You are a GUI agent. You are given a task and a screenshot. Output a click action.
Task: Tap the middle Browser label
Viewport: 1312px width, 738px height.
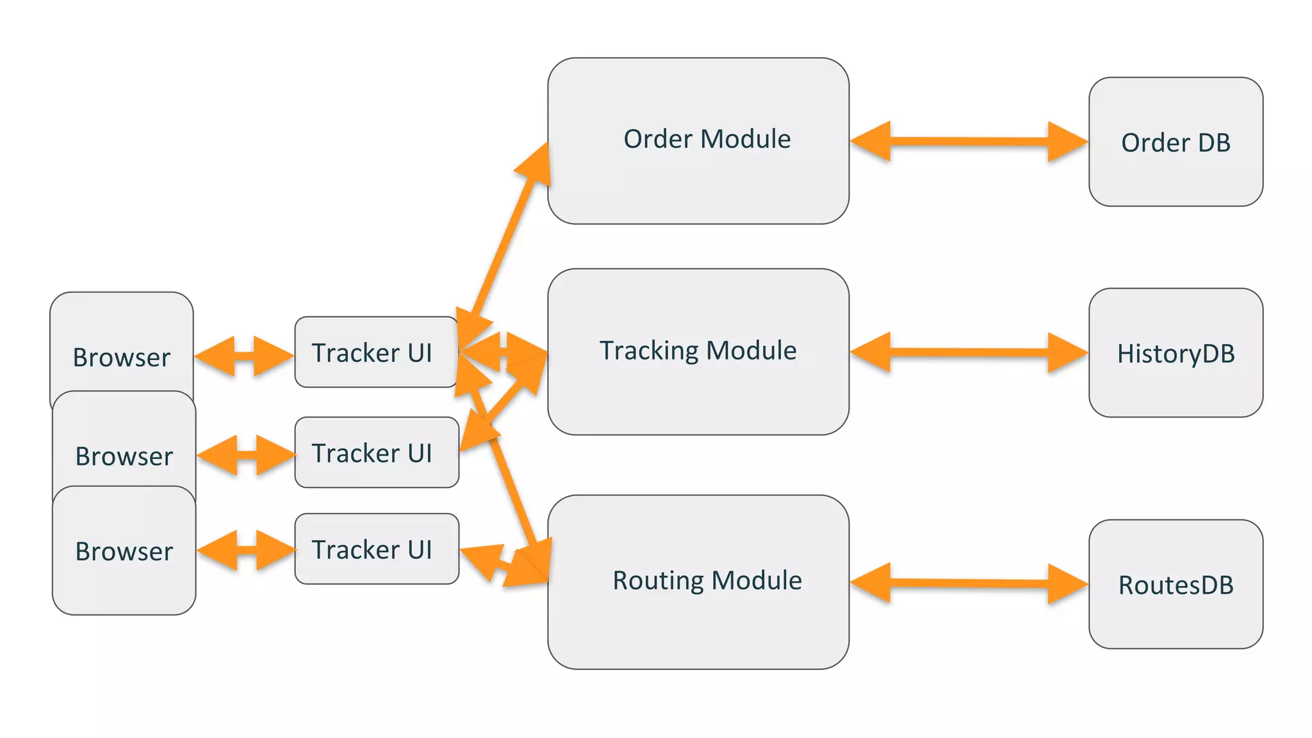[x=124, y=456]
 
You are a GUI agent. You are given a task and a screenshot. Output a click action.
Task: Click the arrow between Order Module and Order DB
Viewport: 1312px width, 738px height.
[x=969, y=141]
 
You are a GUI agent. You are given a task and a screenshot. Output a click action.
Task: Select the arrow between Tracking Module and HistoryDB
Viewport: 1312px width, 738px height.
[x=969, y=352]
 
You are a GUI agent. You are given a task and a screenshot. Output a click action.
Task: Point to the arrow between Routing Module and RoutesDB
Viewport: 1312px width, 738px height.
[x=969, y=583]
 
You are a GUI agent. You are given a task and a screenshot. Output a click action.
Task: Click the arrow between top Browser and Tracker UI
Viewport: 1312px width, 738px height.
[x=244, y=356]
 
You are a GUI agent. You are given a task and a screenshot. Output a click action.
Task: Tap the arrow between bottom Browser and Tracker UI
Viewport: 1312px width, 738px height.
[x=246, y=550]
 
